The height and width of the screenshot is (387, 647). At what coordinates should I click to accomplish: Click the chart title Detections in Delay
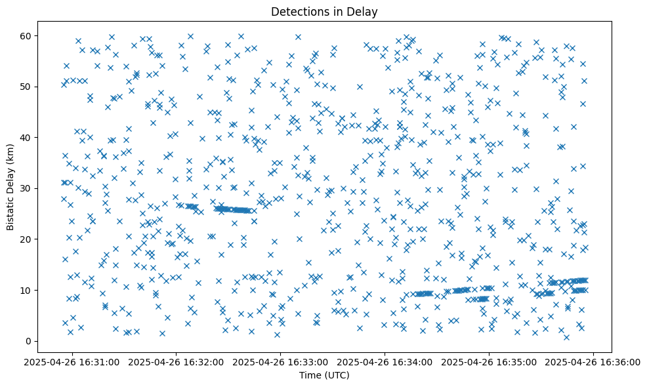point(324,11)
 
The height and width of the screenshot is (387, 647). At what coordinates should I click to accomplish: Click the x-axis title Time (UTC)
point(324,375)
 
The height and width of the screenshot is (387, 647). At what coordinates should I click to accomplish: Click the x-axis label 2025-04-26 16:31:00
point(72,361)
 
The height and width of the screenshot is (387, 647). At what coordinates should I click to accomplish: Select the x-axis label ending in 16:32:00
point(177,361)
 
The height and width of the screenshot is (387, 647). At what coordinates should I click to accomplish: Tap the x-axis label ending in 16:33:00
point(281,361)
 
